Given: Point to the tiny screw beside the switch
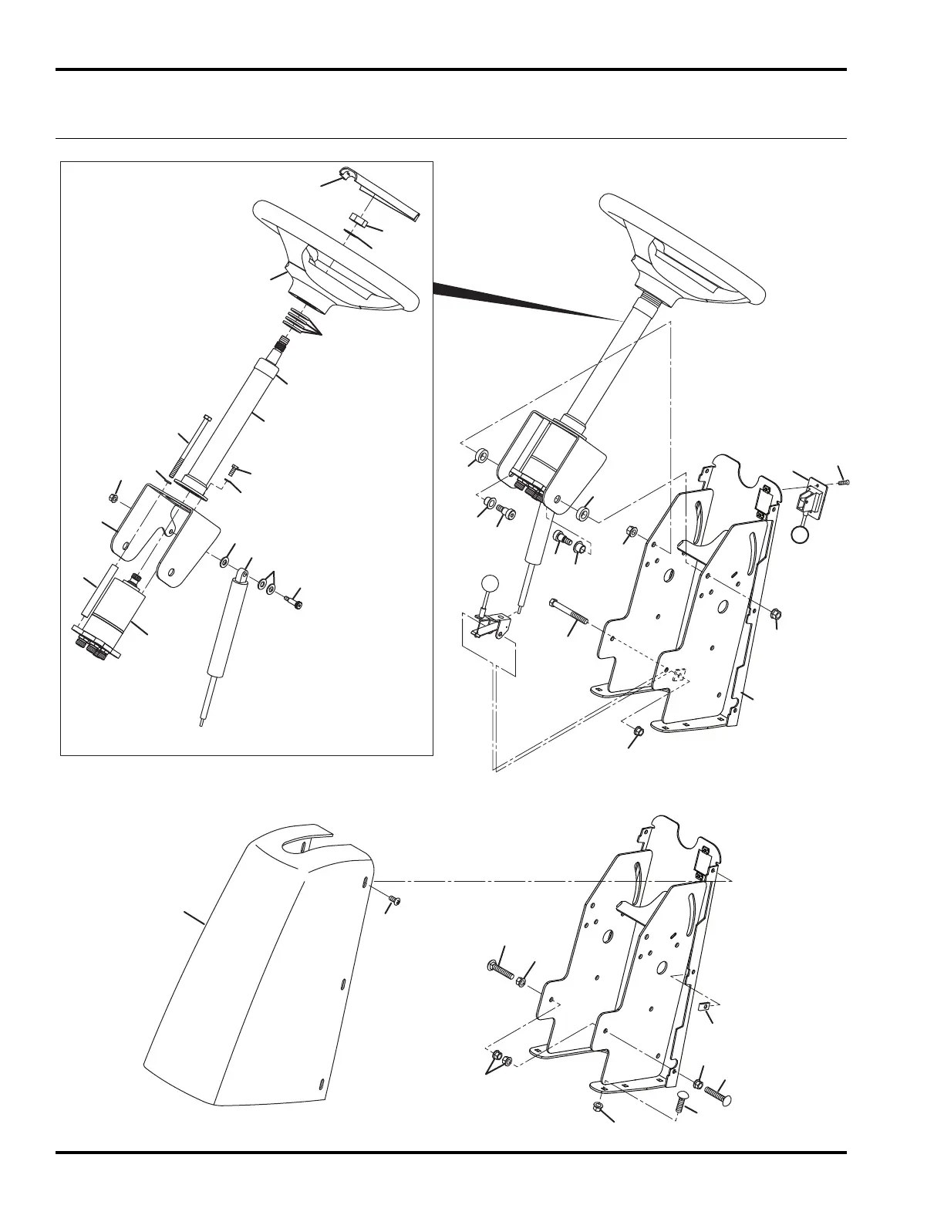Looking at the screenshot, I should click(843, 483).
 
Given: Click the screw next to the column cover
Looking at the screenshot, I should click(394, 900).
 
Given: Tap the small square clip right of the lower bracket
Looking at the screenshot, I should click(705, 1008).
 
